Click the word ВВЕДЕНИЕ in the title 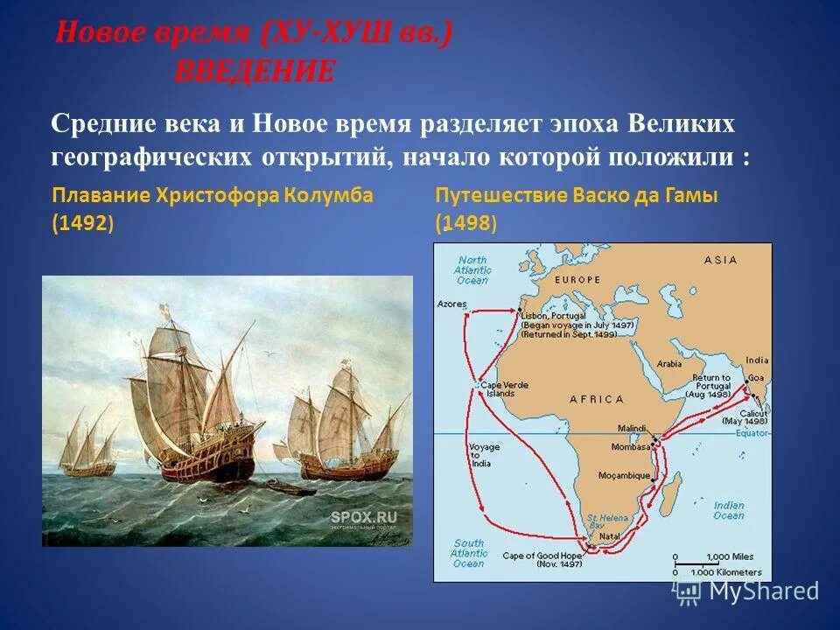point(254,72)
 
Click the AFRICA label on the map point(597,399)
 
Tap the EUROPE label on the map point(576,279)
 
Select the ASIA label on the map point(720,259)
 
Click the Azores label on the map point(451,304)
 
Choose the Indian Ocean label point(728,511)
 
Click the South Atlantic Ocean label point(469,553)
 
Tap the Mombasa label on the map point(627,446)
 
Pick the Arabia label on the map point(669,363)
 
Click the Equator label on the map point(751,433)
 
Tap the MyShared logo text point(763,591)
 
